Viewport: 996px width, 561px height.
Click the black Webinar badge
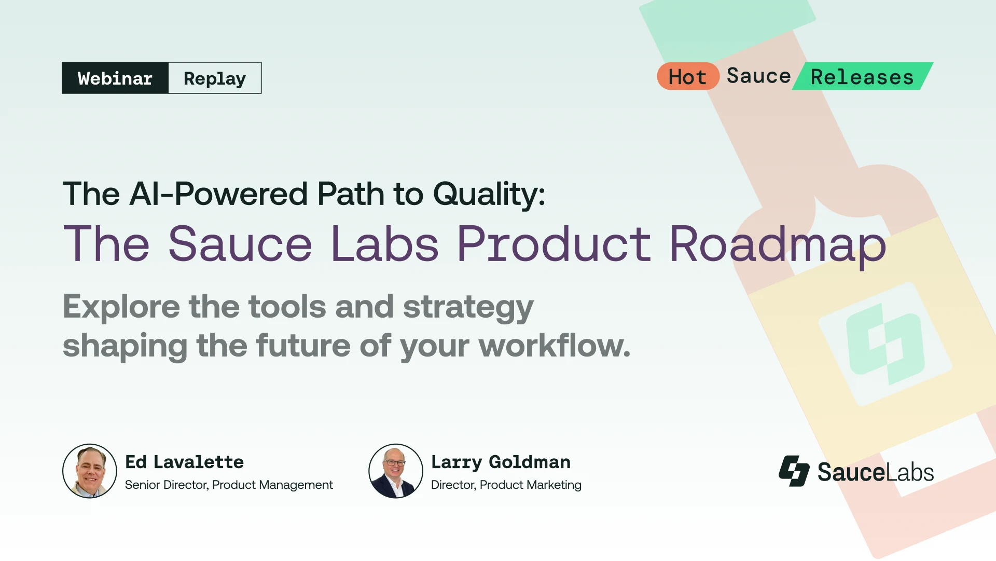click(x=115, y=78)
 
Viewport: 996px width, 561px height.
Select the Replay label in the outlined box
click(x=215, y=78)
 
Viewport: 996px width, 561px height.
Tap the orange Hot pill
click(x=687, y=77)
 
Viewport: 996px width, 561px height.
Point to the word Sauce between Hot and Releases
click(x=758, y=76)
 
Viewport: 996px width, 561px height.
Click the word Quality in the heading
click(x=489, y=195)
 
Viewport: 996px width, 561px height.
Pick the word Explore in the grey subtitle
click(x=121, y=307)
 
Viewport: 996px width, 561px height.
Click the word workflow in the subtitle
click(x=554, y=346)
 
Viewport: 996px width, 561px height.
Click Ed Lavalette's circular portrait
click(x=90, y=471)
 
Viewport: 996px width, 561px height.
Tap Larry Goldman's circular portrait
click(x=396, y=471)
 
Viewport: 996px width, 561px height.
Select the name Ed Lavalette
click(x=184, y=462)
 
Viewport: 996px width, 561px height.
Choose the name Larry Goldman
click(x=501, y=462)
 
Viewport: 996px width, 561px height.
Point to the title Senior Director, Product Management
click(x=229, y=485)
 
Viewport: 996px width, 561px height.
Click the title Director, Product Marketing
click(x=506, y=485)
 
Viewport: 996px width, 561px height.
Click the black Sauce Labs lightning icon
click(x=794, y=471)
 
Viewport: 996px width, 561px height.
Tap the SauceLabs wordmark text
click(x=876, y=472)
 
